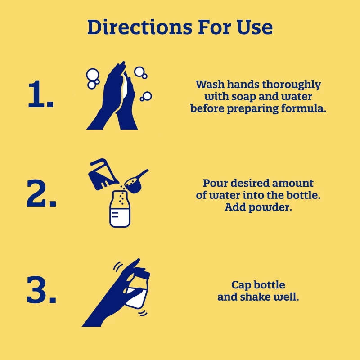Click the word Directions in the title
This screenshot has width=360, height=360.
[139, 27]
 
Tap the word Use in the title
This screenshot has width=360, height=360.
[255, 27]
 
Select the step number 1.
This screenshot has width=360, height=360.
[40, 94]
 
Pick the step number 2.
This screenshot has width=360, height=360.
[41, 193]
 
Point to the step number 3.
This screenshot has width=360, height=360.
[41, 289]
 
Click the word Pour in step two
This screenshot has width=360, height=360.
[216, 184]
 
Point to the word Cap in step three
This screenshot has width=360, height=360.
[240, 285]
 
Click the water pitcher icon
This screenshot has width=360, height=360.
[103, 175]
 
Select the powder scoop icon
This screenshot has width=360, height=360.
[136, 182]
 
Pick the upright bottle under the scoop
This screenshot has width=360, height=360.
[120, 209]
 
